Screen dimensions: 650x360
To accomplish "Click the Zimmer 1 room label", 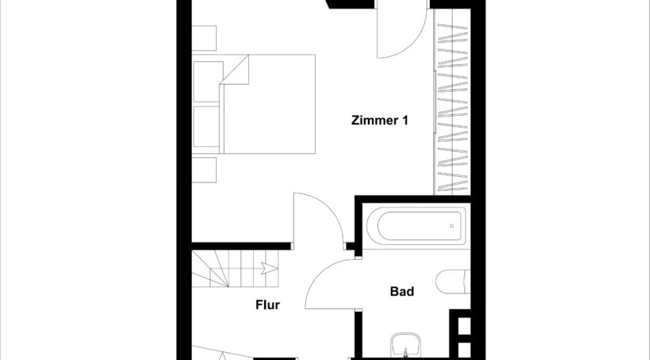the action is [380, 121].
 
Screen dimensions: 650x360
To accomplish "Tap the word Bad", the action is [402, 292].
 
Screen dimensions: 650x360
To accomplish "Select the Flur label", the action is [267, 305].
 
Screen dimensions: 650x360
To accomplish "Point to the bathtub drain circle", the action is [452, 226].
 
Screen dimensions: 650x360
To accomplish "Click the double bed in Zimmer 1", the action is [253, 104].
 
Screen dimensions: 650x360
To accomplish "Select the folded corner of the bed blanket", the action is [235, 70].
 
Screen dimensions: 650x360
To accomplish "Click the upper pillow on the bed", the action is [208, 82].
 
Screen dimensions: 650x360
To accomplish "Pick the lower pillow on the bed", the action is [207, 126].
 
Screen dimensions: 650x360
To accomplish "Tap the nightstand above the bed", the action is [204, 38].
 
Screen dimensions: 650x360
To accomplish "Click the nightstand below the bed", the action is [204, 170].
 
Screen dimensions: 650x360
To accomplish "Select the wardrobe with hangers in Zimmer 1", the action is [452, 102].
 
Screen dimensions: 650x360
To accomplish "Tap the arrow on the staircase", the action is [268, 268].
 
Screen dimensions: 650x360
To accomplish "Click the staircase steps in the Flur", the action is [235, 268].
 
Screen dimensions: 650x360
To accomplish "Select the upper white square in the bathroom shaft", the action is [464, 326].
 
